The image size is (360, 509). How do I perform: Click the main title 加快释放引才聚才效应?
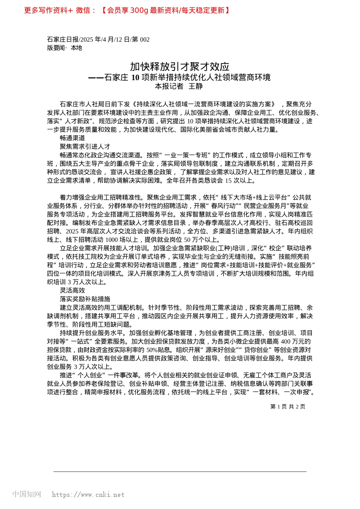(180, 67)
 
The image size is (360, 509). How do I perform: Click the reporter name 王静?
(196, 86)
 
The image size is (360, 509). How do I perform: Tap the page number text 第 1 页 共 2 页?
(288, 406)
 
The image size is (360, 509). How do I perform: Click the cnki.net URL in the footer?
(88, 495)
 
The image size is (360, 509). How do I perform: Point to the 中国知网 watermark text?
(27, 494)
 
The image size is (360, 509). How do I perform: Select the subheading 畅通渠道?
(72, 138)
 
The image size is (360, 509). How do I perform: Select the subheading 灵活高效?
(72, 290)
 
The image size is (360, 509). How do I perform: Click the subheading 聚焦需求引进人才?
(85, 147)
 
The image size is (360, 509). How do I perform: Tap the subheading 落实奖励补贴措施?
(85, 299)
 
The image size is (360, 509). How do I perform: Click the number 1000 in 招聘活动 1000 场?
(112, 240)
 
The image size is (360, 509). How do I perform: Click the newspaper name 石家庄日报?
(63, 39)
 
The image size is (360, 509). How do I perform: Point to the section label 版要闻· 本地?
(64, 48)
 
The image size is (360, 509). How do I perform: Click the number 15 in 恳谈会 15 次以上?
(229, 181)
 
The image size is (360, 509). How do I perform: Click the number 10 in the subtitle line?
(135, 78)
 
